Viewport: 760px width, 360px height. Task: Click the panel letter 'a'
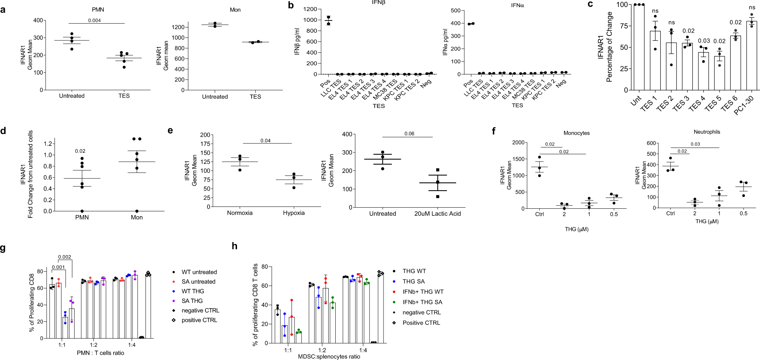[3, 9]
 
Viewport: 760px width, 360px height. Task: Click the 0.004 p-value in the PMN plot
[94, 20]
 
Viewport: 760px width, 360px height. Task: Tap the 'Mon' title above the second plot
[235, 10]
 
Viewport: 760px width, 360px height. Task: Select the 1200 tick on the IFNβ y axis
[310, 9]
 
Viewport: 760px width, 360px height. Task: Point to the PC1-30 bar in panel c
[751, 56]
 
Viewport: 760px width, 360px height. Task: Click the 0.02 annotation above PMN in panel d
[80, 151]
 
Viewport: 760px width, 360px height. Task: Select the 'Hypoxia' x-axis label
[294, 213]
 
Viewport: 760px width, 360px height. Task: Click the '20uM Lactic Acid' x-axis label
[437, 214]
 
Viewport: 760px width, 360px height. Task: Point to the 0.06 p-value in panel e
[409, 133]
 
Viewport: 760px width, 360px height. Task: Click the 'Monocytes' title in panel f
[576, 133]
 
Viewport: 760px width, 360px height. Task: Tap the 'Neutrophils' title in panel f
[707, 132]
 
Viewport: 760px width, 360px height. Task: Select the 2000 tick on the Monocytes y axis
[518, 142]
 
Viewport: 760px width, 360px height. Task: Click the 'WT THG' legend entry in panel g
[193, 291]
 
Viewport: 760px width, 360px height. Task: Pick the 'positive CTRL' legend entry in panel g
[199, 320]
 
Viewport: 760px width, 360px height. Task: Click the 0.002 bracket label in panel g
[65, 257]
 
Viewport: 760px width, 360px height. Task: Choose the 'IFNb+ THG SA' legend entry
[422, 302]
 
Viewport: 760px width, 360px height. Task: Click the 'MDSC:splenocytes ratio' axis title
[329, 356]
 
